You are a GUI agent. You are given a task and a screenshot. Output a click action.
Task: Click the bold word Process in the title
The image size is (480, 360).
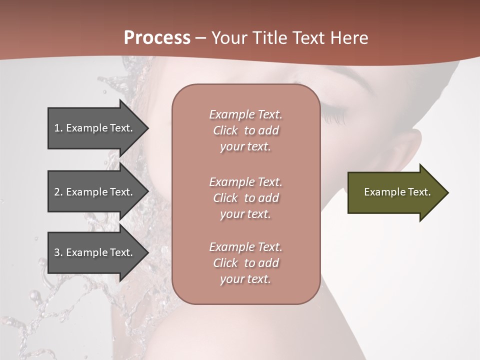[157, 37]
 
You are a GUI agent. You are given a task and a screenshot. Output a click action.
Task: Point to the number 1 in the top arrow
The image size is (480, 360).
[57, 128]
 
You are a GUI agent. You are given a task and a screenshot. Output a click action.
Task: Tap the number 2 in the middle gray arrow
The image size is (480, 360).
[57, 192]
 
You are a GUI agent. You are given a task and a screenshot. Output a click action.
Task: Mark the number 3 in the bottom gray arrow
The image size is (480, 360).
[57, 252]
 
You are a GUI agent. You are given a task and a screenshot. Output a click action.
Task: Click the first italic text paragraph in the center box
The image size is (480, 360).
[245, 130]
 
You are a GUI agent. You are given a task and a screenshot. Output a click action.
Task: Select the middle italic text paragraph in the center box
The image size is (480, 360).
[245, 198]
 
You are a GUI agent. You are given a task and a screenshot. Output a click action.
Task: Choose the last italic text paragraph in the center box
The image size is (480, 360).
[245, 263]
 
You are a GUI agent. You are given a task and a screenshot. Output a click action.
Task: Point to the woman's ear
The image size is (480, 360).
[407, 150]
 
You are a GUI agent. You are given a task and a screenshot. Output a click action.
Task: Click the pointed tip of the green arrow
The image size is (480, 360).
[447, 192]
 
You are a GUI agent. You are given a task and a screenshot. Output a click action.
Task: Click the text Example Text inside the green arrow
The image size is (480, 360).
[397, 192]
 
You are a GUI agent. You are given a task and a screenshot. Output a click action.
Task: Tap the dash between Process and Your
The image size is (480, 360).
[201, 38]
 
